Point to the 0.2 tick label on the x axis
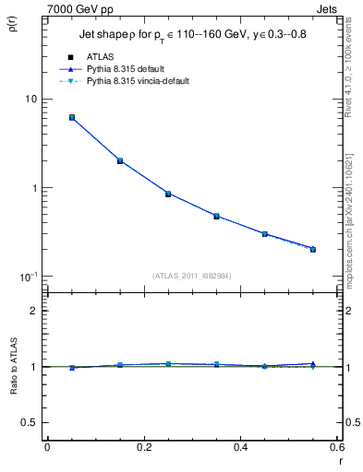pos(143,447)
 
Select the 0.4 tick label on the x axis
pos(240,447)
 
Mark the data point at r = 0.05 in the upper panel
pos(71,118)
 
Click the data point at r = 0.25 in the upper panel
pos(168,194)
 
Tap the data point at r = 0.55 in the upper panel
pos(313,249)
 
